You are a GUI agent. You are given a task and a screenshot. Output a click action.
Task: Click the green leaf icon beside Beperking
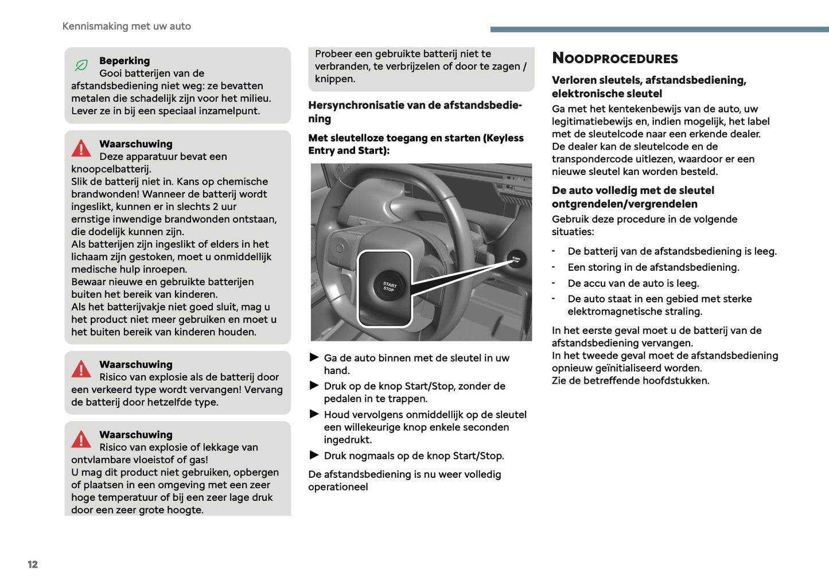pos(81,65)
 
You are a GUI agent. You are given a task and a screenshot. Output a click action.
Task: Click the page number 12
pos(33,564)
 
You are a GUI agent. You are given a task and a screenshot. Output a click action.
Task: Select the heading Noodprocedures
pos(614,59)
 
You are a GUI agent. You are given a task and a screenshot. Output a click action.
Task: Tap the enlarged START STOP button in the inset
pos(390,286)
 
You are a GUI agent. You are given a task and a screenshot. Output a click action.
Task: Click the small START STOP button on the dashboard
pos(516,259)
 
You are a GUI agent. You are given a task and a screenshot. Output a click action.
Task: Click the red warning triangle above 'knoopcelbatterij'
pos(81,149)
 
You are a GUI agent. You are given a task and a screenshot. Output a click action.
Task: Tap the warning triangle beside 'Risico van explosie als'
pos(81,369)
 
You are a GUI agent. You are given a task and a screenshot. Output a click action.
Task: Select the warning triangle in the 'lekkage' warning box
pos(81,439)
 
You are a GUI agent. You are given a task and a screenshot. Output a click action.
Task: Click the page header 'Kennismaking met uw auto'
pos(126,26)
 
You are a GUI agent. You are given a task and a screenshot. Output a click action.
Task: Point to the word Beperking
pos(124,61)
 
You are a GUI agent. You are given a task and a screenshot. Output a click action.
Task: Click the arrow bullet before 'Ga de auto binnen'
pos(314,357)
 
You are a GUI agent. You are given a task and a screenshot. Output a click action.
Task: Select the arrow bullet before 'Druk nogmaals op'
pos(314,455)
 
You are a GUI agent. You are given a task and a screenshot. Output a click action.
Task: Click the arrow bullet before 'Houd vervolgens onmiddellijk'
pos(314,414)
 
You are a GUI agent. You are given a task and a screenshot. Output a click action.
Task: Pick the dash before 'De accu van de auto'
pos(554,282)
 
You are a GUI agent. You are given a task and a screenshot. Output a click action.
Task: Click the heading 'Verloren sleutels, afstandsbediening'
pos(648,80)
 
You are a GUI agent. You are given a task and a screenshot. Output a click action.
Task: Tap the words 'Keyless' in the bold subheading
pos(504,138)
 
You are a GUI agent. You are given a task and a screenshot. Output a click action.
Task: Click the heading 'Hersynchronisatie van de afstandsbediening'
pos(414,106)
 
